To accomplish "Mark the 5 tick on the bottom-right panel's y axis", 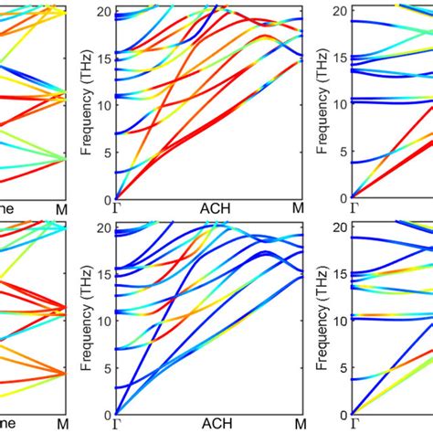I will (x=342, y=367).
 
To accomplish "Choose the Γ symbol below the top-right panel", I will (x=353, y=209).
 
